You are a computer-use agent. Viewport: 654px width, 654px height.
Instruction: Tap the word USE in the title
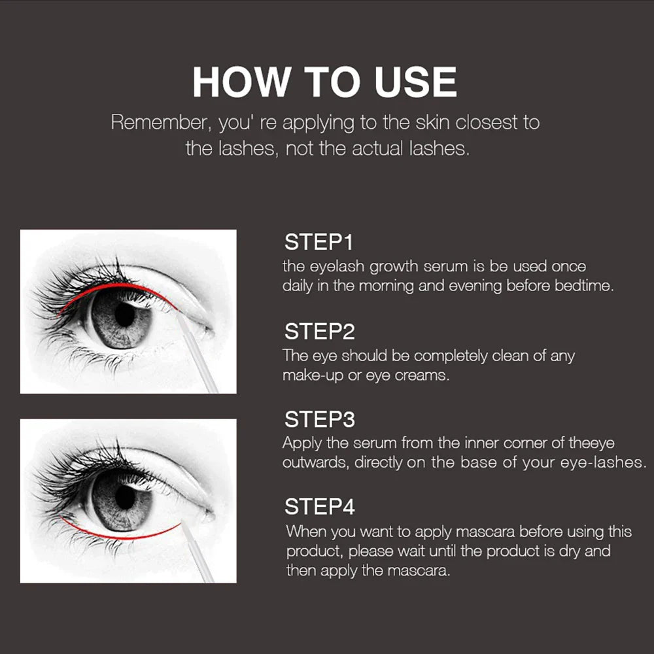point(415,82)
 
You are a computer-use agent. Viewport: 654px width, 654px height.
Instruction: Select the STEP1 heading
point(318,243)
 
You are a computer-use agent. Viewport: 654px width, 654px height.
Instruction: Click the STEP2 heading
point(319,332)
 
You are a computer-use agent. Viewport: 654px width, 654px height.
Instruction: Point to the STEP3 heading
point(319,419)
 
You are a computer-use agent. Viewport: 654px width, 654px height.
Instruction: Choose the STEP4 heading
point(320,507)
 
